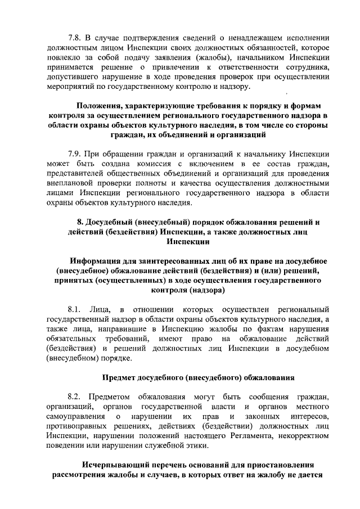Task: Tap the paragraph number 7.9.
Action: click(x=74, y=153)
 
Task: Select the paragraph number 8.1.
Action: click(x=74, y=309)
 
